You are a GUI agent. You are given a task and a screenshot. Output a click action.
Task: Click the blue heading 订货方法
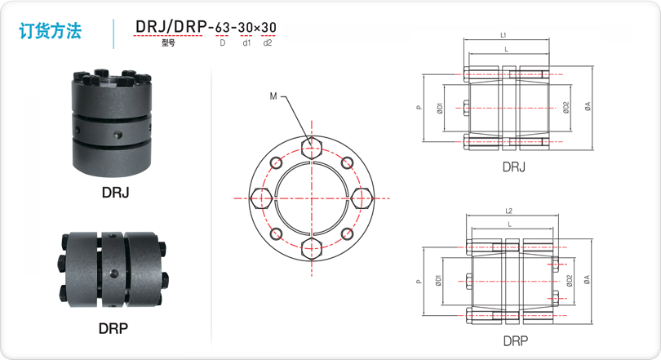pos(50,31)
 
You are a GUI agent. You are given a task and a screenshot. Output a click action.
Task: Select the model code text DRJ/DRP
pos(171,27)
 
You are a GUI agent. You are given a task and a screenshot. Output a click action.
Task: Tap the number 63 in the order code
pos(223,28)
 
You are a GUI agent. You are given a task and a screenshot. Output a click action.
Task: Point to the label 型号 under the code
pos(168,42)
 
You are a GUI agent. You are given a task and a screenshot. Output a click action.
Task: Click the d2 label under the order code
pos(268,42)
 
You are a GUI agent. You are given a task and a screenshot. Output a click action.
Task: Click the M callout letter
pos(273,96)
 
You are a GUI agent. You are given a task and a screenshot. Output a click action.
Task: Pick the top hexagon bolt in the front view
pos(312,148)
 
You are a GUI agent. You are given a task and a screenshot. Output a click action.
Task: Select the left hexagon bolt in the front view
pos(261,198)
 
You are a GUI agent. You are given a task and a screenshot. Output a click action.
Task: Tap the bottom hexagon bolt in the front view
pos(312,249)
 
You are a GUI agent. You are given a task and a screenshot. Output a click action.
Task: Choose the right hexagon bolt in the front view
pos(362,198)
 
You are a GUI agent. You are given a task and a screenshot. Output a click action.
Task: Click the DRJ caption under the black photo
pos(116,193)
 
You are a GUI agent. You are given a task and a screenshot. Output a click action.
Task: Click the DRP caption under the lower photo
pos(113,328)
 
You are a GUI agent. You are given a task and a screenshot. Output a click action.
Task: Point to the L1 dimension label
pos(503,35)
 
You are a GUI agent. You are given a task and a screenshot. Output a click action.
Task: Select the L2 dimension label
pos(509,211)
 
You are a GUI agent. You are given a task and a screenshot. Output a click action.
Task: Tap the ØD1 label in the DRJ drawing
pos(440,109)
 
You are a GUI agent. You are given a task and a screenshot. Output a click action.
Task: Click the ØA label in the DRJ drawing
pos(588,106)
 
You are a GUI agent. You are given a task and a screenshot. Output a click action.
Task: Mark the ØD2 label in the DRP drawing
pos(570,281)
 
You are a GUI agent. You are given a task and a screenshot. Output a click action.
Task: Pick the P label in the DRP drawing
pos(419,282)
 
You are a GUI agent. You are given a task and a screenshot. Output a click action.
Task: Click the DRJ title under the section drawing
pos(514,167)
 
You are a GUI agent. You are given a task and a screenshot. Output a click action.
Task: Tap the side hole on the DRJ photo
pos(118,135)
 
